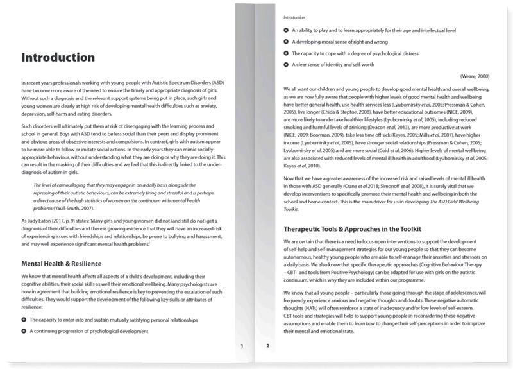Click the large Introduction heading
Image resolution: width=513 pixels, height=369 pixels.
pos(58,58)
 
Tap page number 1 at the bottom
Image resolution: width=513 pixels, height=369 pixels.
pos(242,346)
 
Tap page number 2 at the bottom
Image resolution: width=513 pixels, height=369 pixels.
pos(268,346)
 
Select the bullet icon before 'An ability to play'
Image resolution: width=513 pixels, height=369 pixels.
pos(286,30)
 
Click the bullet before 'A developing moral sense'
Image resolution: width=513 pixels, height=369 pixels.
pos(286,42)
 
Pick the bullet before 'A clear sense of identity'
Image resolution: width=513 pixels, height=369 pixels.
pos(286,65)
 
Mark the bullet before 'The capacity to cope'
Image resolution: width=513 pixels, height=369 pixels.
pos(286,53)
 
